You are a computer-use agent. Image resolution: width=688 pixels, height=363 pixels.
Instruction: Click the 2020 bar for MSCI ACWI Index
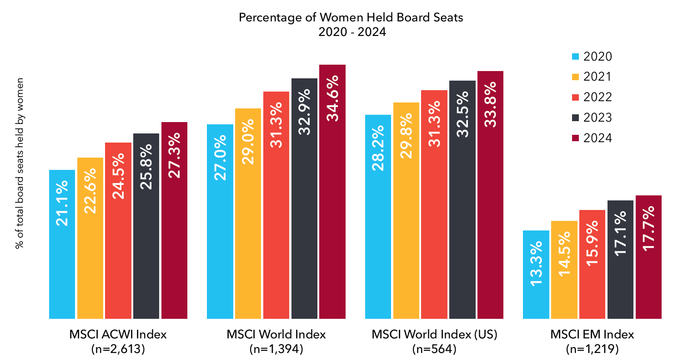pyautogui.click(x=62, y=244)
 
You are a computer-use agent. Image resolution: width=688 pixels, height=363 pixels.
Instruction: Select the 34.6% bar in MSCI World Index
pyautogui.click(x=332, y=191)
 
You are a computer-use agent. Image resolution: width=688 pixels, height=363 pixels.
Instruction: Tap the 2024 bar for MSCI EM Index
pyautogui.click(x=648, y=257)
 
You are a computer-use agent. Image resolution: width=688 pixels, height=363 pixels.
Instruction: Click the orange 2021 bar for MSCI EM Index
pyautogui.click(x=564, y=270)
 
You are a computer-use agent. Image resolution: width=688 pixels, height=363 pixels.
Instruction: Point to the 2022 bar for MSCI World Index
pyautogui.click(x=276, y=205)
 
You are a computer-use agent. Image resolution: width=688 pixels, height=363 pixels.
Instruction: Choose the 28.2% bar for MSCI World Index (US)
pyautogui.click(x=378, y=216)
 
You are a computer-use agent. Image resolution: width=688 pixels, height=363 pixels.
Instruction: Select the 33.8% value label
pyautogui.click(x=490, y=104)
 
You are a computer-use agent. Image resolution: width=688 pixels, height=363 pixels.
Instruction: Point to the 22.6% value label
pyautogui.click(x=90, y=190)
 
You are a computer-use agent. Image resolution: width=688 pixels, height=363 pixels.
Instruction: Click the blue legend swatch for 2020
pyautogui.click(x=575, y=56)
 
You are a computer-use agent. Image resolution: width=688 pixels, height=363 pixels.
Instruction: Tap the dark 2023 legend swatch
pyautogui.click(x=575, y=118)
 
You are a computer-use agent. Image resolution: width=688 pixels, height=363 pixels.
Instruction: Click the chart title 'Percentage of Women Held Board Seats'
pyautogui.click(x=351, y=17)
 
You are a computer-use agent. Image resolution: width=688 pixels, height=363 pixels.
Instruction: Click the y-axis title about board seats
pyautogui.click(x=19, y=163)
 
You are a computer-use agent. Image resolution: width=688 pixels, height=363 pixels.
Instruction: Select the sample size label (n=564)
pyautogui.click(x=434, y=349)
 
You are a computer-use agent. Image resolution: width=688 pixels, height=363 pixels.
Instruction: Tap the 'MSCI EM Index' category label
pyautogui.click(x=592, y=334)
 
